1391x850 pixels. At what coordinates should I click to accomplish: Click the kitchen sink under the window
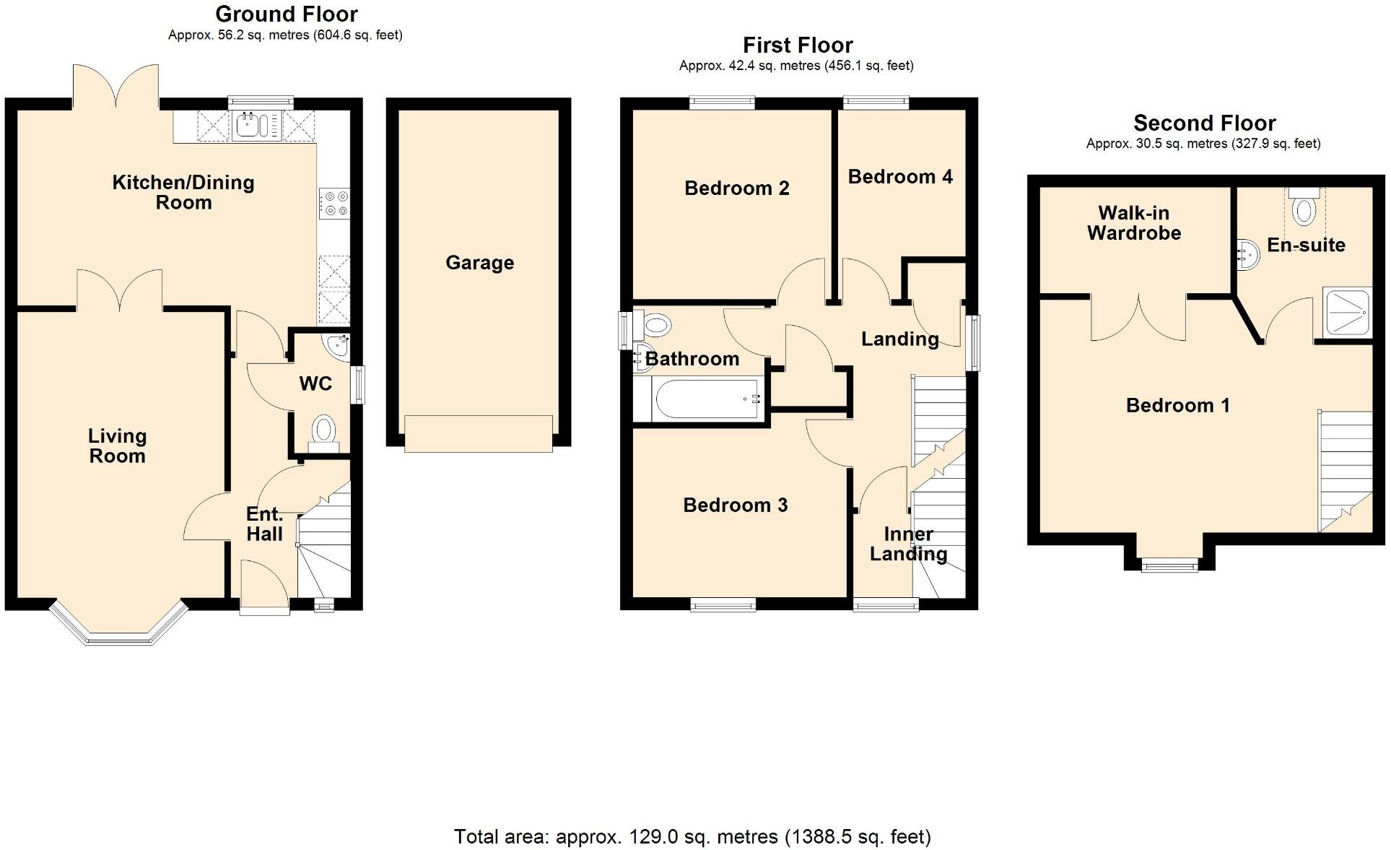[256, 125]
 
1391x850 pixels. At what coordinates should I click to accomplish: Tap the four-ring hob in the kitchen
[333, 203]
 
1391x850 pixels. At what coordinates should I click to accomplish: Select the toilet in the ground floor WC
[324, 432]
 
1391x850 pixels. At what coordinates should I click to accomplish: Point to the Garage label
[479, 262]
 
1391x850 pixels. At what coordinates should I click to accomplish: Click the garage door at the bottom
[478, 433]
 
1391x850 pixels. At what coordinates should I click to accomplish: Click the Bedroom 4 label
[899, 176]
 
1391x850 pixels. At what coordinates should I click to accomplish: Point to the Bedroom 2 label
[736, 188]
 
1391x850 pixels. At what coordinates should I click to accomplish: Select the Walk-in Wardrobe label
[1133, 222]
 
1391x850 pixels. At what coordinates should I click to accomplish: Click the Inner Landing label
[908, 544]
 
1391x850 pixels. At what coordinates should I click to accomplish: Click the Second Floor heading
[1204, 123]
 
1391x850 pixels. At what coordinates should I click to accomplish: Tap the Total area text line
[692, 836]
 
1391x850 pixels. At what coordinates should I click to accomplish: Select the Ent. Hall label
[264, 524]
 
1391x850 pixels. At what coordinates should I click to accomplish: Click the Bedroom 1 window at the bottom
[1169, 565]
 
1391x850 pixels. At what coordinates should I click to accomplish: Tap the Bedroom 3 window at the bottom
[723, 604]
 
